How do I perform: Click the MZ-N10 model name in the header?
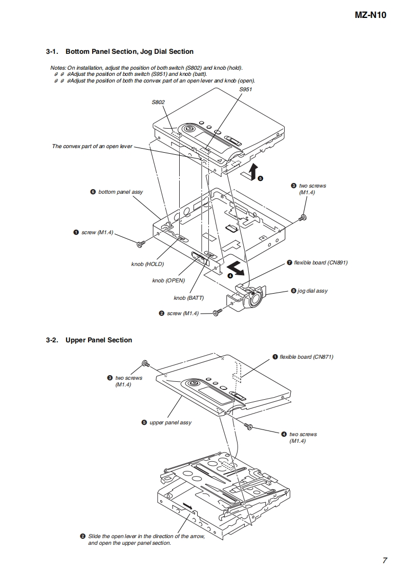[x=371, y=15]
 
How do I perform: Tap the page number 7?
[x=384, y=560]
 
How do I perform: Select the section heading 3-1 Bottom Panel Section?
[x=120, y=51]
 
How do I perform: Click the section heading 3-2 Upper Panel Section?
[x=89, y=340]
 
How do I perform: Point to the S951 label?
[x=246, y=89]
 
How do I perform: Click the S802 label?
[x=158, y=102]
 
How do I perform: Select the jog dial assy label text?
[x=312, y=291]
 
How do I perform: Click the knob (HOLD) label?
[x=147, y=264]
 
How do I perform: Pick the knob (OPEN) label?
[x=168, y=280]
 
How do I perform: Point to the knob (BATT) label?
[x=188, y=298]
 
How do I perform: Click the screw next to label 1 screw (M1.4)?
[x=141, y=242]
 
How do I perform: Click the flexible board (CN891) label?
[x=320, y=262]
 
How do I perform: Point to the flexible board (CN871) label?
[x=306, y=357]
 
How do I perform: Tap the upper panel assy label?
[x=170, y=422]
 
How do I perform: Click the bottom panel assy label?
[x=120, y=192]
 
